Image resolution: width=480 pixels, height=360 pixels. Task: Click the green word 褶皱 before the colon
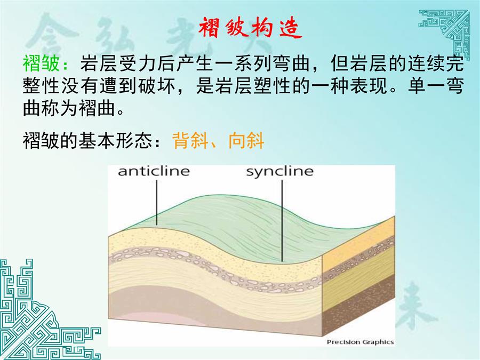[x=41, y=63]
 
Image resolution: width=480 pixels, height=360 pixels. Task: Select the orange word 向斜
[x=246, y=140]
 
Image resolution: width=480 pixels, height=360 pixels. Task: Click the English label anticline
[x=154, y=171]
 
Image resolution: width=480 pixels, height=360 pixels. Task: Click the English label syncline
[x=280, y=172]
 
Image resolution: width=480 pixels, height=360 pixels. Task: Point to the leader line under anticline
[x=156, y=203]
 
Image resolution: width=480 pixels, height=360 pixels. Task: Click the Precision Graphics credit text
[x=360, y=342]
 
